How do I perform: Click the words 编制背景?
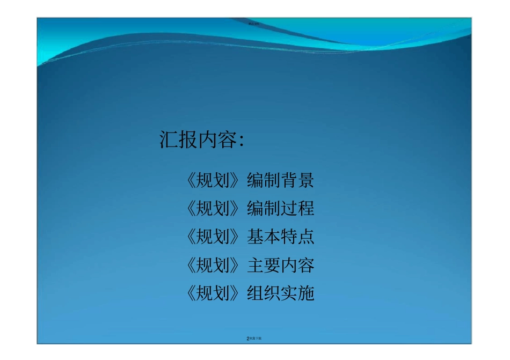pyautogui.click(x=280, y=180)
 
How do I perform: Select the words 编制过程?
pyautogui.click(x=280, y=208)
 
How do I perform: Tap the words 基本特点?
pyautogui.click(x=280, y=237)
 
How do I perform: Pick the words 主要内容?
pyautogui.click(x=280, y=265)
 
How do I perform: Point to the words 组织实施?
pyautogui.click(x=280, y=293)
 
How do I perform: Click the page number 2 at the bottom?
pyautogui.click(x=247, y=339)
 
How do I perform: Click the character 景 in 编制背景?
pyautogui.click(x=306, y=180)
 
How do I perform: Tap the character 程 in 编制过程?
pyautogui.click(x=306, y=208)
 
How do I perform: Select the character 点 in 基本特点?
pyautogui.click(x=306, y=237)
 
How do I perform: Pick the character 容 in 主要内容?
pyautogui.click(x=306, y=265)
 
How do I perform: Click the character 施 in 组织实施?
pyautogui.click(x=306, y=293)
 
